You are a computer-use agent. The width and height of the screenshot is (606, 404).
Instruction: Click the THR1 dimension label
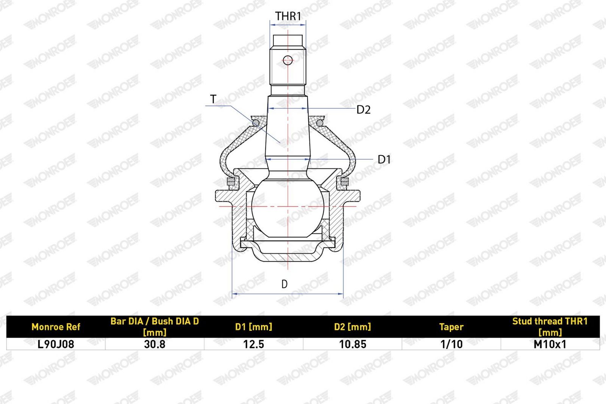pos(288,16)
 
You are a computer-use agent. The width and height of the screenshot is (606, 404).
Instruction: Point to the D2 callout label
pos(363,110)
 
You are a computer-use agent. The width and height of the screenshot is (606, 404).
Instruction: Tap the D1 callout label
pos(384,159)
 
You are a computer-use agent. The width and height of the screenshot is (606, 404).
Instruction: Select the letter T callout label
pos(213,99)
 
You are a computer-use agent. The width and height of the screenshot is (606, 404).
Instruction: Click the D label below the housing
pos(284,284)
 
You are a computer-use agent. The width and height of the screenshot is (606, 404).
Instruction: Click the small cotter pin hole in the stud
pos(288,60)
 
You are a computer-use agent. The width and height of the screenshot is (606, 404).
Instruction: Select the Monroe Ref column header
pos(56,327)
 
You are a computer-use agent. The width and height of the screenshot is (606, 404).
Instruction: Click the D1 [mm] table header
pos(253,327)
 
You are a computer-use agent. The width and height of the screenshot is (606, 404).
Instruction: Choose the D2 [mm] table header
pos(353,327)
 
